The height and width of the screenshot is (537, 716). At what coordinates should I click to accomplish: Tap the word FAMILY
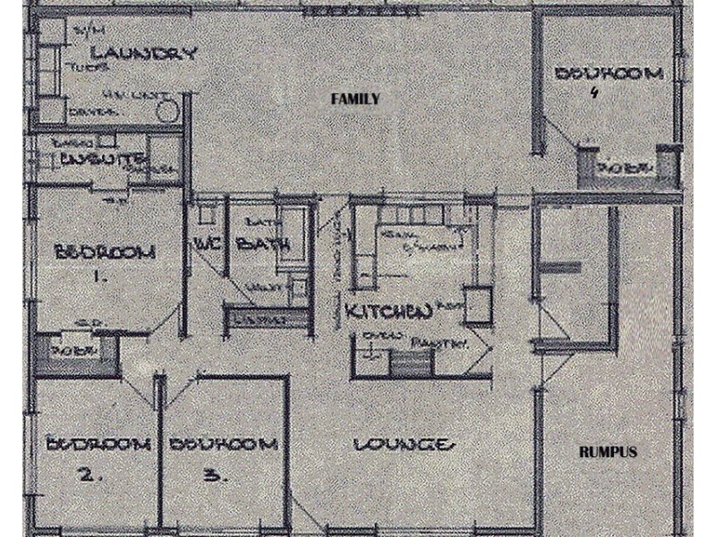(x=356, y=99)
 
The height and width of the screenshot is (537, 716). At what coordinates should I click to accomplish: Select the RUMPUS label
(x=608, y=452)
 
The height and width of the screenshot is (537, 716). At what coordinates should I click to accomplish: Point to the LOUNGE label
(x=400, y=445)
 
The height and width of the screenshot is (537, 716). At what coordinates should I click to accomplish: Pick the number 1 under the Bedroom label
(x=99, y=277)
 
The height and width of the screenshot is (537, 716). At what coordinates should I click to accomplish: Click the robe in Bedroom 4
(x=619, y=168)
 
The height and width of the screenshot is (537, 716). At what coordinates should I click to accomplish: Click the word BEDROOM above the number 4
(x=609, y=73)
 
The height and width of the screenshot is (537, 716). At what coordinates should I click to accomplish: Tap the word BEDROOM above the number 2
(x=96, y=444)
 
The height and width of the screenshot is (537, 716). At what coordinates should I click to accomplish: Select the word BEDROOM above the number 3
(x=222, y=444)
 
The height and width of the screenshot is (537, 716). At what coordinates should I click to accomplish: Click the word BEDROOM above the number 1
(x=105, y=252)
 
